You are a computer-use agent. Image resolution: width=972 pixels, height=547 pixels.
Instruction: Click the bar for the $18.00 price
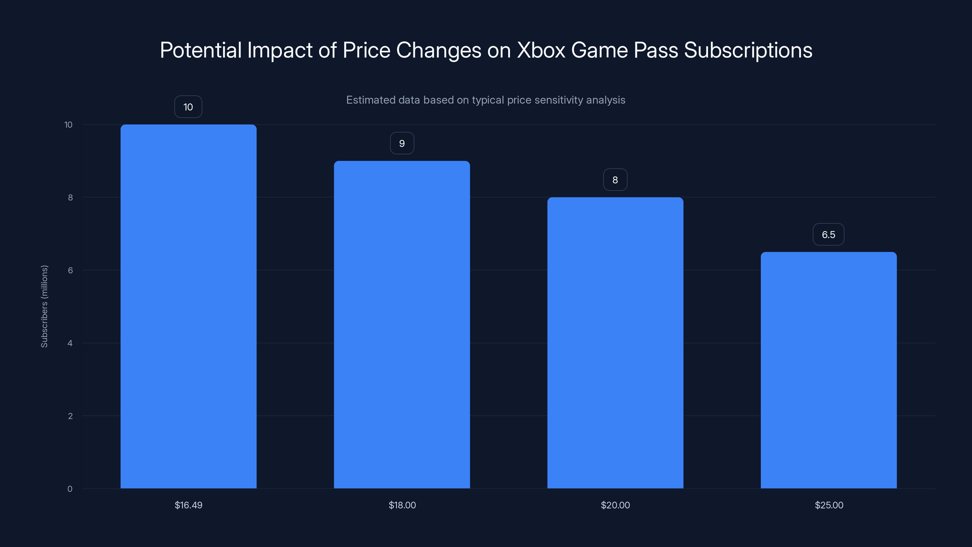402,325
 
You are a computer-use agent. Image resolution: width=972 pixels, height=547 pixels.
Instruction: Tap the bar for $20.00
615,343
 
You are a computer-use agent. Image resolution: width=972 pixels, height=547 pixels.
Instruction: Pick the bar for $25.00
829,370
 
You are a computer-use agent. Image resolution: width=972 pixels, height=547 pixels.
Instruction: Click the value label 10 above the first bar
188,107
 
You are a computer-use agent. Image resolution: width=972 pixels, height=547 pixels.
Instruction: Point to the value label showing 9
402,143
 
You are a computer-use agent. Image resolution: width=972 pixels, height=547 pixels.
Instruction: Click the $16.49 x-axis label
188,505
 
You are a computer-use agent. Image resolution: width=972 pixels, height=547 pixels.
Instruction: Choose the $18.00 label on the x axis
402,505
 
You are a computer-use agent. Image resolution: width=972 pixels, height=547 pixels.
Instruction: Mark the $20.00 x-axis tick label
615,505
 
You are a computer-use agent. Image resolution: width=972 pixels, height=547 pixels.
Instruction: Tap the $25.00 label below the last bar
829,505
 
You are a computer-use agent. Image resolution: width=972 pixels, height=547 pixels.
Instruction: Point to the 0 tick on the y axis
70,489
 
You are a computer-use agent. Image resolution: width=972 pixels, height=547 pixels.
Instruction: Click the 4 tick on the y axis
70,343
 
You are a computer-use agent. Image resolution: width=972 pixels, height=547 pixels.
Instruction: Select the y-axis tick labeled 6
70,270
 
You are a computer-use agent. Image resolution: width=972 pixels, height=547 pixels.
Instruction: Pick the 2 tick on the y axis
70,416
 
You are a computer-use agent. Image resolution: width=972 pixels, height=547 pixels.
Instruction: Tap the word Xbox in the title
541,50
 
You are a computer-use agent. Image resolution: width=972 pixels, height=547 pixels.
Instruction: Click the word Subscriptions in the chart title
748,50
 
